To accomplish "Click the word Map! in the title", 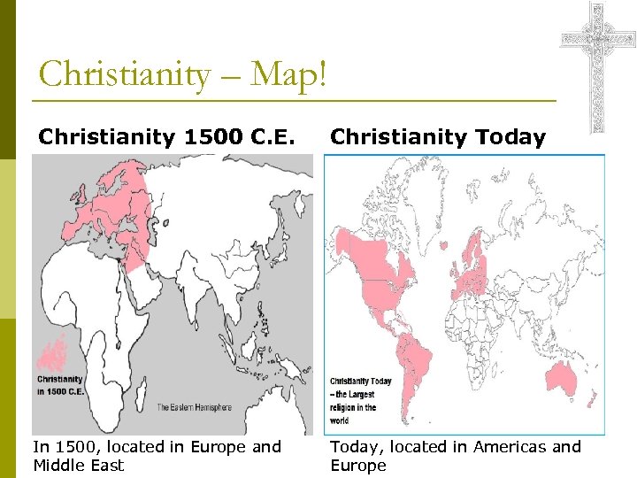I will (288, 74).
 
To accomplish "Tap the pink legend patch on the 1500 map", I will (53, 354).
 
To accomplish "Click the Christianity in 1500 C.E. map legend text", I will (60, 386).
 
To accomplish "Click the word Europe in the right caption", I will (358, 466).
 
